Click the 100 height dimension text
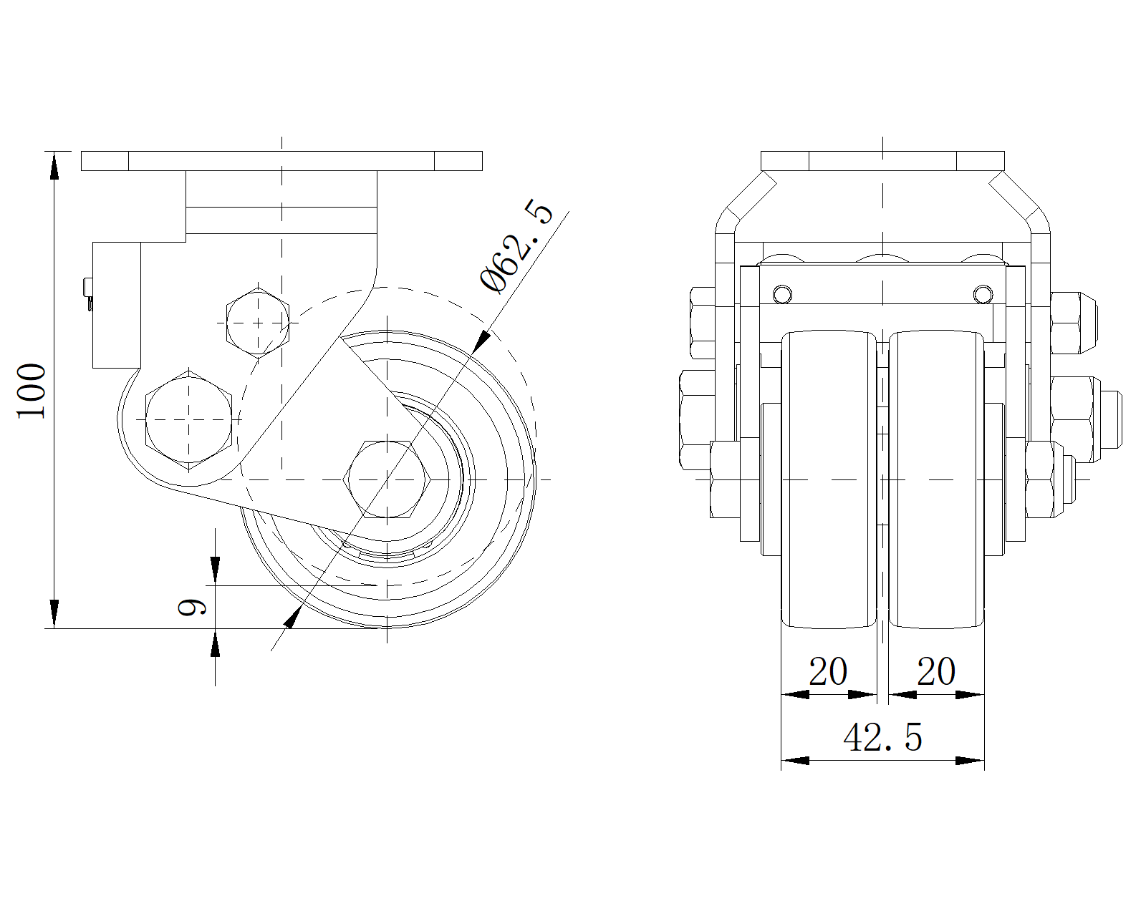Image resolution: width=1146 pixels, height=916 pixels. pyautogui.click(x=32, y=391)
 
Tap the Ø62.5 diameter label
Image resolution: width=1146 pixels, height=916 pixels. pyautogui.click(x=517, y=247)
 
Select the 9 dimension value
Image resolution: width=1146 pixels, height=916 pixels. pyautogui.click(x=192, y=607)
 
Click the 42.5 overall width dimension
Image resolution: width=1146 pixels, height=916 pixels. pyautogui.click(x=882, y=737)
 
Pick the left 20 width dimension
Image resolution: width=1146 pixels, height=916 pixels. pyautogui.click(x=828, y=672)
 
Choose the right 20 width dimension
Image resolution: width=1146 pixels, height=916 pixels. pyautogui.click(x=936, y=672)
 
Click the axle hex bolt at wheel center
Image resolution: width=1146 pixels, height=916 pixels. pyautogui.click(x=387, y=479)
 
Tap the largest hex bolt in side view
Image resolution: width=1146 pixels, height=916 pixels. pyautogui.click(x=188, y=420)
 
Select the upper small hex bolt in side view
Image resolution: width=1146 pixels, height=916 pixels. pyautogui.click(x=257, y=323)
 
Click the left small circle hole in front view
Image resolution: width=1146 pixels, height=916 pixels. pyautogui.click(x=783, y=294)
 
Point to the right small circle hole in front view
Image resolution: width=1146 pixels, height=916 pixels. pyautogui.click(x=983, y=294)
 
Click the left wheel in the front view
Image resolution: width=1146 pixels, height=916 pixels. pyautogui.click(x=829, y=479)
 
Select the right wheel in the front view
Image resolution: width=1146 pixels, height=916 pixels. pyautogui.click(x=936, y=479)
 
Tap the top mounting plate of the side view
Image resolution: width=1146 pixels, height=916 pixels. pyautogui.click(x=281, y=161)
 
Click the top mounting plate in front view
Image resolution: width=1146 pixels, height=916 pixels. pyautogui.click(x=882, y=161)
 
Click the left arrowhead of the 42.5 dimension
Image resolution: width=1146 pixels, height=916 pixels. pyautogui.click(x=794, y=760)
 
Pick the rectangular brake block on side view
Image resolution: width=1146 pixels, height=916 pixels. pyautogui.click(x=117, y=305)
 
